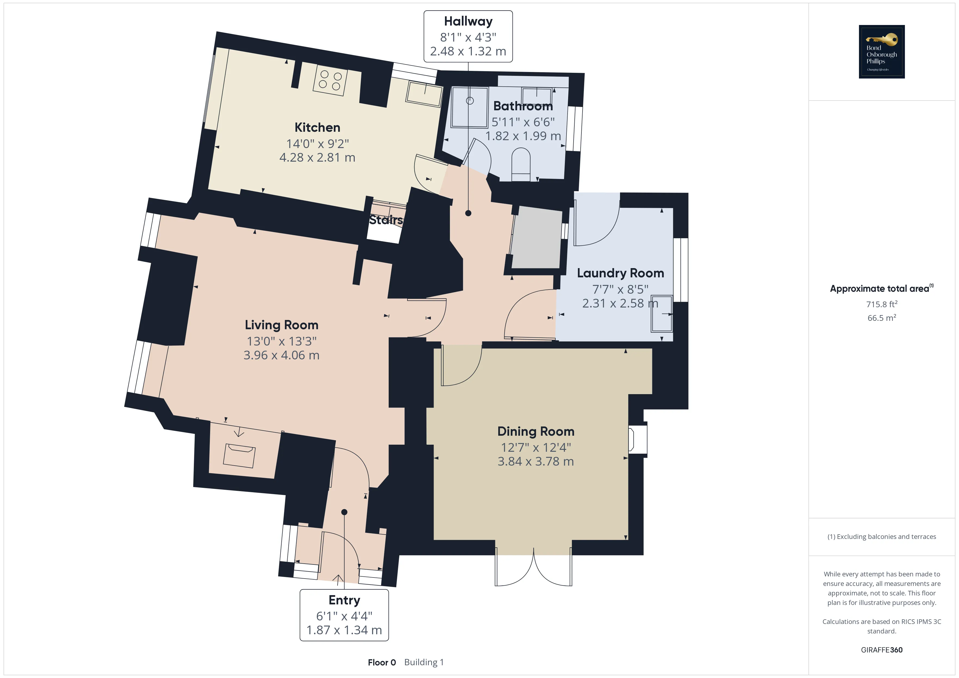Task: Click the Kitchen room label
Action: coord(317,127)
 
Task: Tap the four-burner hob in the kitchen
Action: coord(330,81)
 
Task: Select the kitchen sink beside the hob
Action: coord(424,93)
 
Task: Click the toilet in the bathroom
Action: coord(521,165)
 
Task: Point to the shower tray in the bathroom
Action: coord(469,107)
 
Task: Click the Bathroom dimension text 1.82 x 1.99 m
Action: coord(523,136)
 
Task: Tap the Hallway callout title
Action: coord(468,21)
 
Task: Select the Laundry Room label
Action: coord(620,273)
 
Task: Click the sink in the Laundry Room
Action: coord(662,313)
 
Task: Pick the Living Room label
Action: coord(282,325)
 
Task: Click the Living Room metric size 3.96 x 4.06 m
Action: coord(282,355)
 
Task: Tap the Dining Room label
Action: coord(536,431)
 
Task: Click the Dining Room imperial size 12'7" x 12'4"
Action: coord(536,448)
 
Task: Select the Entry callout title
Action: coord(344,600)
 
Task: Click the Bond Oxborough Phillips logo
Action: coord(882,52)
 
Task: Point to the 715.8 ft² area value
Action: coord(882,304)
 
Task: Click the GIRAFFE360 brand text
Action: coord(882,650)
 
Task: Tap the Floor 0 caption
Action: coord(382,663)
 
